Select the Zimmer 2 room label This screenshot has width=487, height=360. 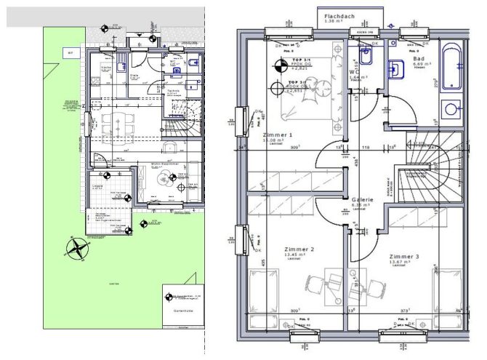(x=298, y=249)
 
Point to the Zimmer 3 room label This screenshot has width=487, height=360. (x=404, y=257)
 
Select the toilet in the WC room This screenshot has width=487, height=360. (x=366, y=54)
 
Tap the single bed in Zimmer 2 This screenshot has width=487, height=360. (x=264, y=295)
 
